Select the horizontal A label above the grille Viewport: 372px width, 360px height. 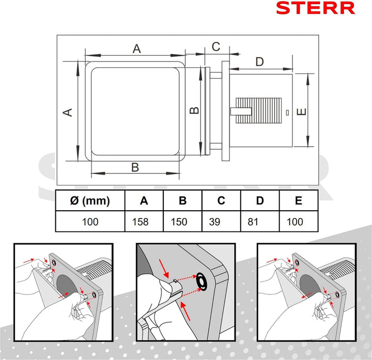pos(136,49)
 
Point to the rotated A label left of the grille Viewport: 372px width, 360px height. pos(67,112)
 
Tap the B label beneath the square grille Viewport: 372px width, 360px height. pos(135,167)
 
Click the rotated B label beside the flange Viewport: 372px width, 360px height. pos(193,110)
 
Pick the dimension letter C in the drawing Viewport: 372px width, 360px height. pos(216,46)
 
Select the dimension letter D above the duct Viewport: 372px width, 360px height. pos(259,62)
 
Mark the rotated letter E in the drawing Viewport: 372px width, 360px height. pos(302,111)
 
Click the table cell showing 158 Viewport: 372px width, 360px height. pos(140,222)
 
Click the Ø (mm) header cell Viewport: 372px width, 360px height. pos(90,201)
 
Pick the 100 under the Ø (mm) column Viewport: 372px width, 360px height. pos(90,222)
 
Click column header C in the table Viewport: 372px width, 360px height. pos(221,201)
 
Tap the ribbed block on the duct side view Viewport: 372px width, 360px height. pos(258,112)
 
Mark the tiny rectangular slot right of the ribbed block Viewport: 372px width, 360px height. pos(287,112)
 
